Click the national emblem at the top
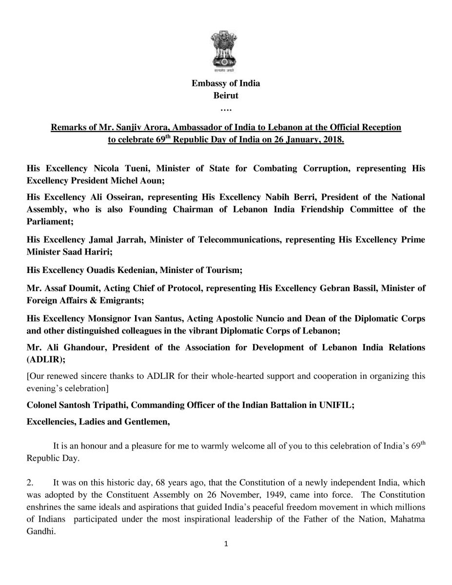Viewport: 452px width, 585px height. [x=225, y=51]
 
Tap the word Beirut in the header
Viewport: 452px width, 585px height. [x=226, y=95]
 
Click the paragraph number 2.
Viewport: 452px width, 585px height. [x=30, y=483]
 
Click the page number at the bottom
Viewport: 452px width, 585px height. [x=226, y=544]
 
